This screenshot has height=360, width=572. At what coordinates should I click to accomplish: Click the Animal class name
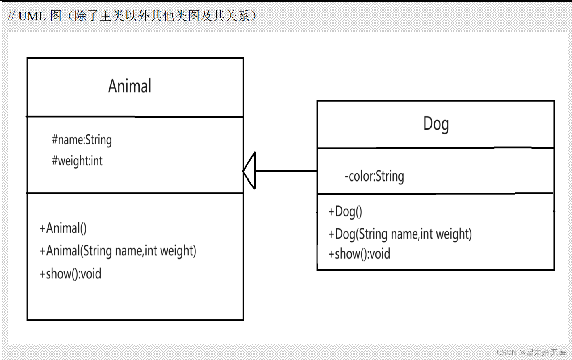(130, 86)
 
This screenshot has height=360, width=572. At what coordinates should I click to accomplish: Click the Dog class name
(436, 123)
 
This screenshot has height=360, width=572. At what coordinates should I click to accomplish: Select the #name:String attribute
(82, 140)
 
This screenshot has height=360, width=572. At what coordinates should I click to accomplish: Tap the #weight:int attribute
(77, 161)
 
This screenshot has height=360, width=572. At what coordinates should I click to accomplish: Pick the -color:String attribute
(374, 176)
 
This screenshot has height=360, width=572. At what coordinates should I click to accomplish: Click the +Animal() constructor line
(63, 228)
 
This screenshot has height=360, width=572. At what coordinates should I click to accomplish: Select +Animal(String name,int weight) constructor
(117, 251)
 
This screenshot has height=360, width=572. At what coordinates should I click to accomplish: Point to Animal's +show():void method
(70, 274)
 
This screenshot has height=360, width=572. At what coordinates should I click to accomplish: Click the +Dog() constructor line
(345, 211)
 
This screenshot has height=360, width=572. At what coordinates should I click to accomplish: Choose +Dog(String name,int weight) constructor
(400, 234)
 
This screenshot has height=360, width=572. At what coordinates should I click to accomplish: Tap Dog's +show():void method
(359, 254)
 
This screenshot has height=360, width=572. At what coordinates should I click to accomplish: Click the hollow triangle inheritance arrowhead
(250, 171)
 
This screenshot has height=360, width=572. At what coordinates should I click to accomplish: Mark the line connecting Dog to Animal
(286, 171)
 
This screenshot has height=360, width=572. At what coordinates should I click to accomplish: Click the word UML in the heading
(32, 16)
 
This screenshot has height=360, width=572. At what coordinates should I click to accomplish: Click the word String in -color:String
(390, 176)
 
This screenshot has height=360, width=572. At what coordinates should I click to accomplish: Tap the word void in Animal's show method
(91, 274)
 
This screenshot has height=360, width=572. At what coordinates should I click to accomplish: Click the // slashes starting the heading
(11, 16)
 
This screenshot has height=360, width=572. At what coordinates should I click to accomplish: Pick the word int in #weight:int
(96, 161)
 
